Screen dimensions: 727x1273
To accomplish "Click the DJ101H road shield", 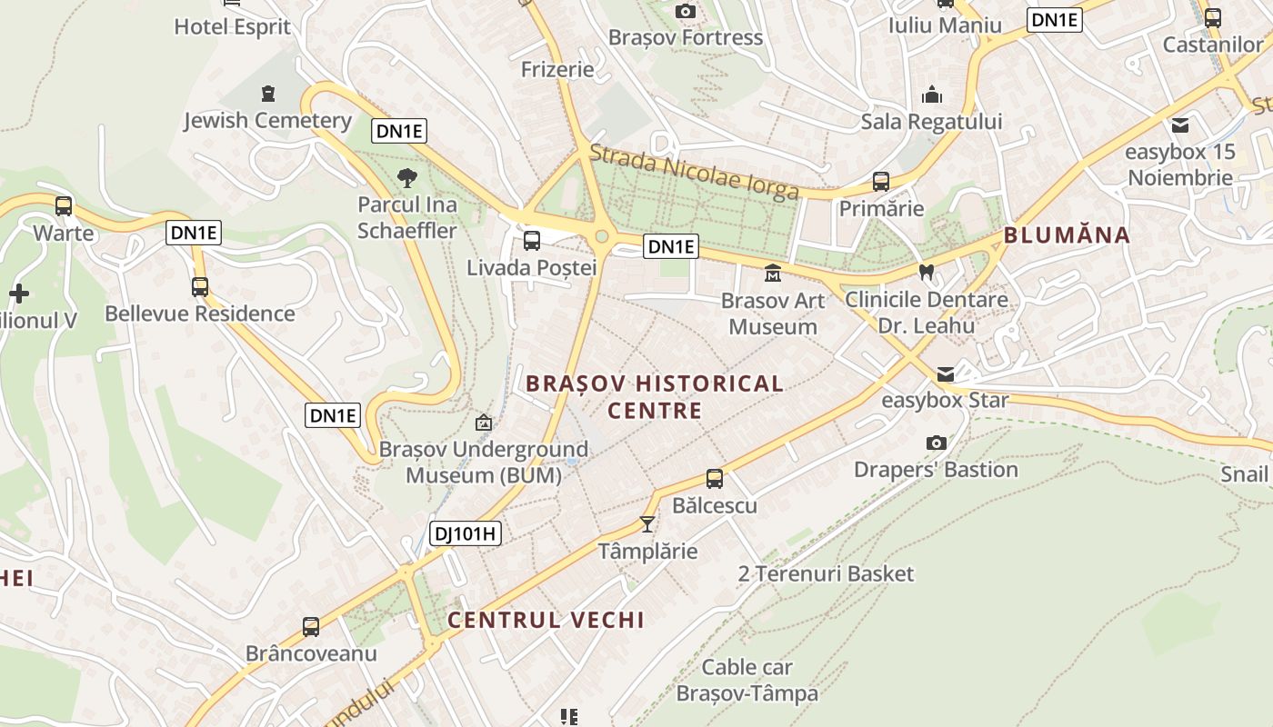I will pyautogui.click(x=465, y=533).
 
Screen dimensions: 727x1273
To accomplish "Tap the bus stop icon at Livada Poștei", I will pyautogui.click(x=532, y=241).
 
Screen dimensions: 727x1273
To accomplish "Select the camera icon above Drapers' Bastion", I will pyautogui.click(x=936, y=443).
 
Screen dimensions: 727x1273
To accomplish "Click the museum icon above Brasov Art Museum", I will pyautogui.click(x=773, y=273).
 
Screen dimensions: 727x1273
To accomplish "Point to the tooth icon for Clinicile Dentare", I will pyautogui.click(x=927, y=271).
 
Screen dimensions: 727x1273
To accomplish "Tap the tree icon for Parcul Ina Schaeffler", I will pyautogui.click(x=406, y=177).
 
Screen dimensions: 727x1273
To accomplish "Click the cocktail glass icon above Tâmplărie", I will pyautogui.click(x=647, y=524).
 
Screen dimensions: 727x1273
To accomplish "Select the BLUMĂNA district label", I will pyautogui.click(x=1067, y=235).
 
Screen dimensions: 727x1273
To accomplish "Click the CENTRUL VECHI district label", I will pyautogui.click(x=546, y=620).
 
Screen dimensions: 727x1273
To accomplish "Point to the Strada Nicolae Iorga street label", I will pyautogui.click(x=694, y=171).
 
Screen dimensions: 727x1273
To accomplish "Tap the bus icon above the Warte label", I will pyautogui.click(x=63, y=206).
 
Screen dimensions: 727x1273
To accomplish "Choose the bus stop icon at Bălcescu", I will pyautogui.click(x=715, y=478).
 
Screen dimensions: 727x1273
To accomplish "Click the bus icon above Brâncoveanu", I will pyautogui.click(x=311, y=627).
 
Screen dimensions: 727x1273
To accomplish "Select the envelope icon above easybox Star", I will pyautogui.click(x=946, y=374).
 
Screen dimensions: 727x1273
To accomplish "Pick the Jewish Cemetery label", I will pyautogui.click(x=267, y=120).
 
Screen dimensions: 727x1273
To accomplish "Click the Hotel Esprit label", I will pyautogui.click(x=232, y=26).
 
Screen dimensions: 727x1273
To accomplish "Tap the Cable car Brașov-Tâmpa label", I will pyautogui.click(x=747, y=680).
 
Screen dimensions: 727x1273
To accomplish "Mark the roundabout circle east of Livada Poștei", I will pyautogui.click(x=601, y=238).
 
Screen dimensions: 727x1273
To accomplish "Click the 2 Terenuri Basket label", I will pyautogui.click(x=826, y=573).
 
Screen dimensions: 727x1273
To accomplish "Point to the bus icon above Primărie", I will pyautogui.click(x=880, y=182).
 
